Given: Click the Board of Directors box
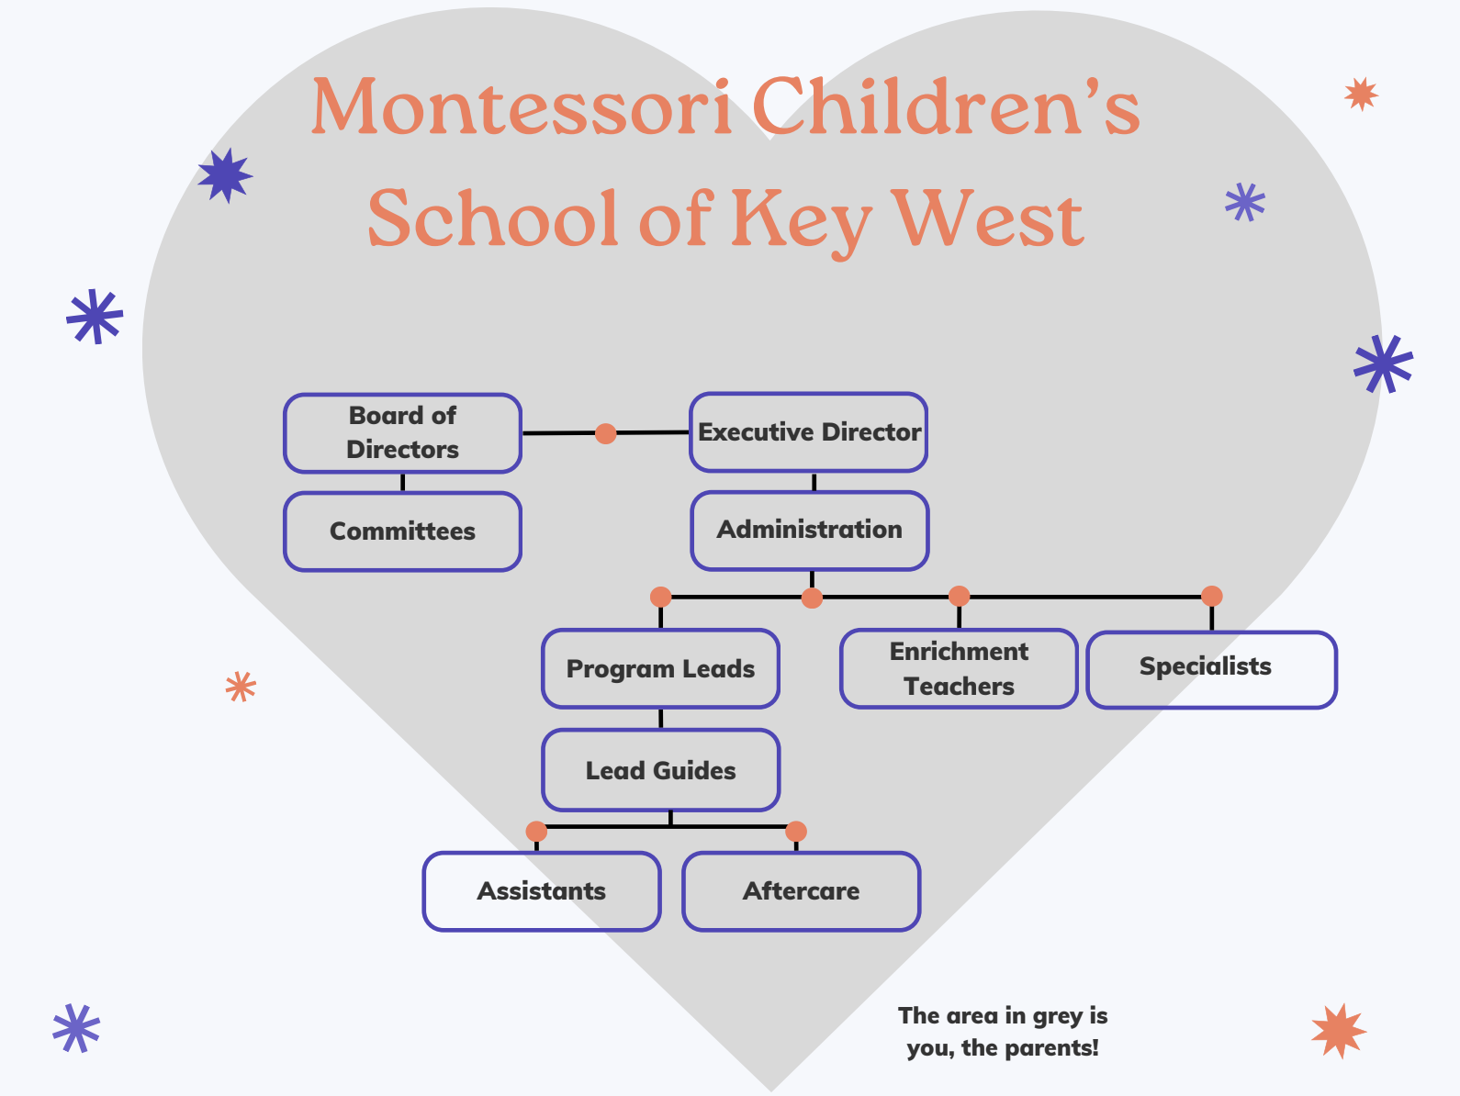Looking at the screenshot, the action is tap(402, 432).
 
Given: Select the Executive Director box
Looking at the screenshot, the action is tap(808, 432).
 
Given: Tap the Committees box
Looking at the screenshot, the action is tap(402, 531).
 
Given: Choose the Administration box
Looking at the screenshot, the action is tap(810, 531).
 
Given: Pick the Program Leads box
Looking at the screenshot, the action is tap(660, 668).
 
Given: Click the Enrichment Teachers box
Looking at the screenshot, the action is tap(959, 668).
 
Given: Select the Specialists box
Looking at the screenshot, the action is tap(1212, 670).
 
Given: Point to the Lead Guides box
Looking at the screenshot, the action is tap(660, 769).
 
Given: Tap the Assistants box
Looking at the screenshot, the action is tap(542, 891).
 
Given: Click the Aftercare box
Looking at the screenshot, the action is tap(801, 891).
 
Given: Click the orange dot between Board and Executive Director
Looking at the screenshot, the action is tap(605, 433).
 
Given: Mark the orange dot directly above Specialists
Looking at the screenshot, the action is tap(1212, 596).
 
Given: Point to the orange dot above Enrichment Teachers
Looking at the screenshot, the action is tap(959, 596).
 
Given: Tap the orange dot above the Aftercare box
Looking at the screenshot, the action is tap(796, 831).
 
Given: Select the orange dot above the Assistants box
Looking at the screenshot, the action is tap(536, 831).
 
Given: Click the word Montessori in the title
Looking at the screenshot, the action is tap(522, 106).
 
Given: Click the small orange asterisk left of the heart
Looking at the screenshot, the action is tap(241, 687).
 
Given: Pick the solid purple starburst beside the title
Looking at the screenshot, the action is tap(226, 175).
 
